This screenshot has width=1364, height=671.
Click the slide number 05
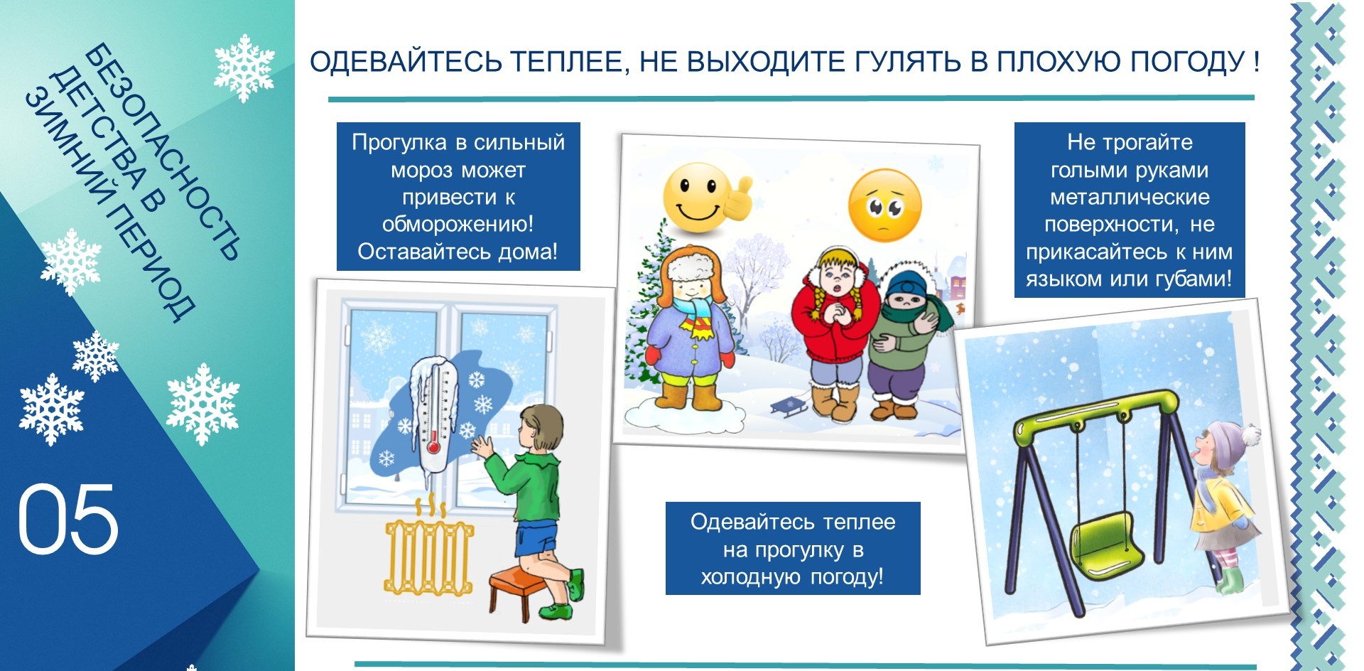click(x=67, y=518)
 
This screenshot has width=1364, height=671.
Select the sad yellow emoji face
click(x=884, y=205)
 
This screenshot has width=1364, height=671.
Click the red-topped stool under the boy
click(x=521, y=589)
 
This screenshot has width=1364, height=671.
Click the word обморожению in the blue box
click(x=458, y=225)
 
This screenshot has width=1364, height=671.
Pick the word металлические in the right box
click(x=1130, y=197)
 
